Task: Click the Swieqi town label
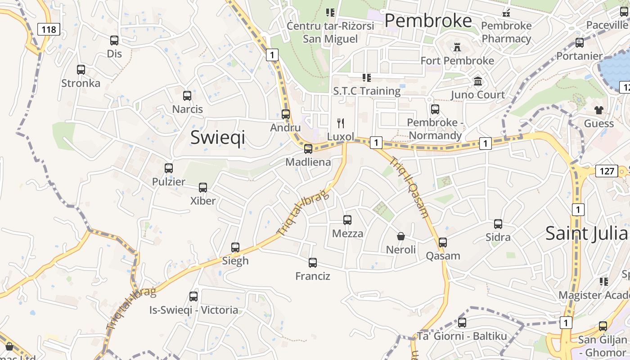point(218,137)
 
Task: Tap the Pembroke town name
point(428,21)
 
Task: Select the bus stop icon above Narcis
point(187,96)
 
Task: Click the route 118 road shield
point(49,30)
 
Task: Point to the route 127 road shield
point(607,171)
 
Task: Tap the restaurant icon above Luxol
point(341,123)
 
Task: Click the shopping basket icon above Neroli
point(400,236)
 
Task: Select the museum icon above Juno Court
point(478,81)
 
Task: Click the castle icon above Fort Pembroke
point(457,47)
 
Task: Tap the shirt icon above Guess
point(598,110)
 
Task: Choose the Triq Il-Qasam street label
point(409,187)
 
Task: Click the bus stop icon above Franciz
point(313,263)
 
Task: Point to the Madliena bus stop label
point(308,162)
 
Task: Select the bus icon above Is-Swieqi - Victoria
point(193,297)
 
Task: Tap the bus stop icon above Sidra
point(498,224)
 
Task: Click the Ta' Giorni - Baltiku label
point(462,336)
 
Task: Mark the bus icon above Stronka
point(81,70)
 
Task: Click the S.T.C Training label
point(367,91)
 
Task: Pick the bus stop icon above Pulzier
point(169,168)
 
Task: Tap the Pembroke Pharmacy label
point(506,32)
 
